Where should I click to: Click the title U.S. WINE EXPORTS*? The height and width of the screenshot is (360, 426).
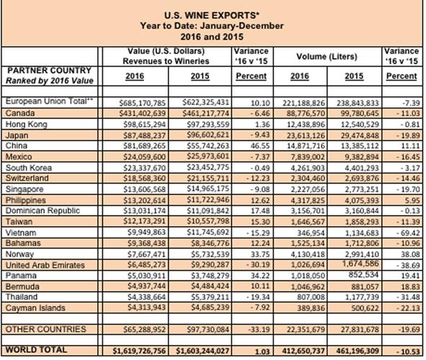pyautogui.click(x=212, y=14)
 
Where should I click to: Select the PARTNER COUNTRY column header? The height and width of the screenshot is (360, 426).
pyautogui.click(x=48, y=70)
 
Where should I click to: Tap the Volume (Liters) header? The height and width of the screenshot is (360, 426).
pyautogui.click(x=324, y=55)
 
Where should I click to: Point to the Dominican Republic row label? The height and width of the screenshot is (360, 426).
pyautogui.click(x=42, y=210)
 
